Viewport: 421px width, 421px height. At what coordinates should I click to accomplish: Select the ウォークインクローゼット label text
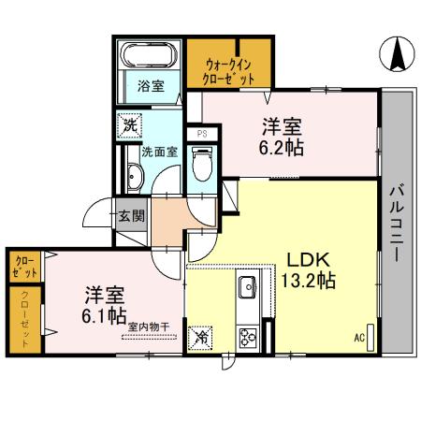[x=229, y=72]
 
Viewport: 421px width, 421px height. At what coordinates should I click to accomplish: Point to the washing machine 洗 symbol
[x=127, y=125]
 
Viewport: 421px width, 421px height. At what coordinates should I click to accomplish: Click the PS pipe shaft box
[x=200, y=134]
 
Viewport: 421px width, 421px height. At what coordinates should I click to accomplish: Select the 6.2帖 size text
[x=282, y=147]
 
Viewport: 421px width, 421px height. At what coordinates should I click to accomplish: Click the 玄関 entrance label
[x=130, y=215]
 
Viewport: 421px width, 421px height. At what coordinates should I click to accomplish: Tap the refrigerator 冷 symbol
[x=201, y=337]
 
